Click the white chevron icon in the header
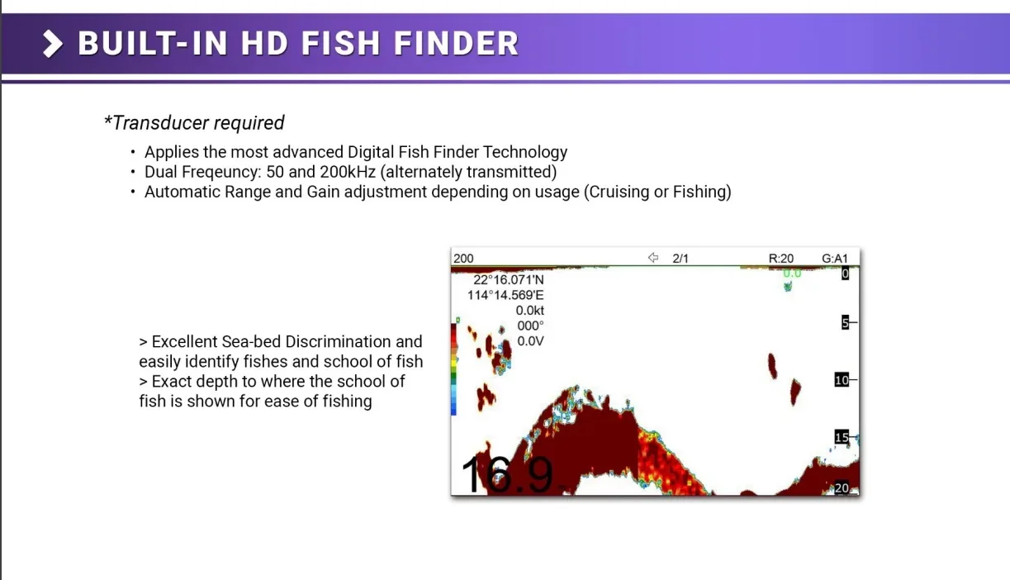pyautogui.click(x=52, y=44)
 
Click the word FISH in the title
pyautogui.click(x=341, y=43)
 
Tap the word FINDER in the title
pyautogui.click(x=457, y=43)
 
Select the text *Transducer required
pyautogui.click(x=194, y=122)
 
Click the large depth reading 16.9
pyautogui.click(x=507, y=474)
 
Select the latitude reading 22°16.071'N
pyautogui.click(x=509, y=279)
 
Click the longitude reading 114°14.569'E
pyautogui.click(x=505, y=295)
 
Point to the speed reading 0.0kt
pyautogui.click(x=530, y=311)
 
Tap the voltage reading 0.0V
pyautogui.click(x=530, y=341)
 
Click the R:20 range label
pyautogui.click(x=781, y=259)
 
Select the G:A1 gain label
pyautogui.click(x=835, y=259)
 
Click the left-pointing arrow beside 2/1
pyautogui.click(x=653, y=258)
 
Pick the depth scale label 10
pyautogui.click(x=842, y=380)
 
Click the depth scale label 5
pyautogui.click(x=845, y=322)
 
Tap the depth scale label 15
pyautogui.click(x=842, y=437)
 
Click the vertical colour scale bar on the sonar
pyautogui.click(x=453, y=369)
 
